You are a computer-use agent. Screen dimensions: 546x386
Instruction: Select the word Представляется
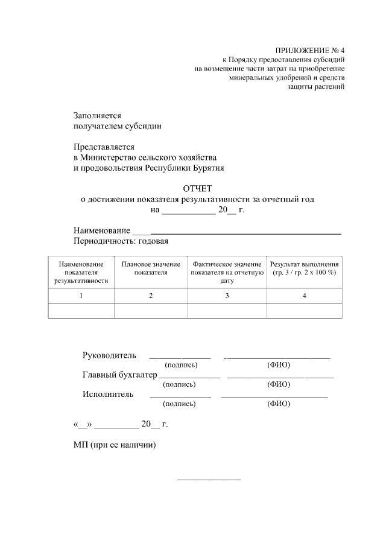click(x=104, y=147)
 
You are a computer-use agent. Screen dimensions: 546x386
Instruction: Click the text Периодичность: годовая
click(x=121, y=241)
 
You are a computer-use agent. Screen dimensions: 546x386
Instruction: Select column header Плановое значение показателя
click(x=151, y=268)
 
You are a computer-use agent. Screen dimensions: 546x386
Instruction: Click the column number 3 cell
click(x=227, y=296)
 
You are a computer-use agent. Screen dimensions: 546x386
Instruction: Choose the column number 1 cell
click(x=81, y=296)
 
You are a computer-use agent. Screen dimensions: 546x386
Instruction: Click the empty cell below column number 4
click(x=304, y=310)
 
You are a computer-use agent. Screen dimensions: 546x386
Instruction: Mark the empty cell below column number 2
click(x=151, y=310)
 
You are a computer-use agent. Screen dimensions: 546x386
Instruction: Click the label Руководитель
click(x=109, y=355)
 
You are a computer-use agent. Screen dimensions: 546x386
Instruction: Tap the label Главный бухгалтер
click(x=119, y=375)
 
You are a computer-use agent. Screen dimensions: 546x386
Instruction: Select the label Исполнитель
click(x=108, y=394)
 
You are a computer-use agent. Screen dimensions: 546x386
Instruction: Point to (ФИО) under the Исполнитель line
click(x=278, y=404)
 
